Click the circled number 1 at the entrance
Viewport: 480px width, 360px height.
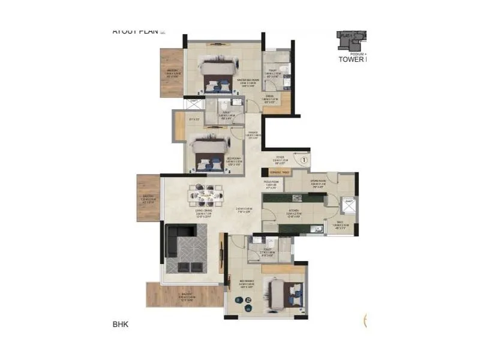pyautogui.click(x=304, y=160)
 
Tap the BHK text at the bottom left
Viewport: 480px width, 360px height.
pyautogui.click(x=121, y=325)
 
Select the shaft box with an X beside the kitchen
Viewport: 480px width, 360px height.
pyautogui.click(x=347, y=205)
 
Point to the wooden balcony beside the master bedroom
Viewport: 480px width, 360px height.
pyautogui.click(x=171, y=73)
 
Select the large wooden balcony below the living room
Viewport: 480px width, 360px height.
pyautogui.click(x=183, y=296)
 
